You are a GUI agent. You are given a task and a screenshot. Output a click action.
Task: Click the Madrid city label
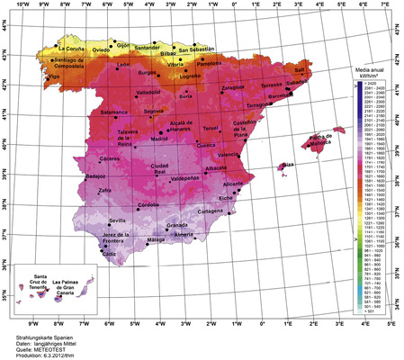[x=159, y=139]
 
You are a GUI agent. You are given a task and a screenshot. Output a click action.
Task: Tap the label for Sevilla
[x=118, y=220]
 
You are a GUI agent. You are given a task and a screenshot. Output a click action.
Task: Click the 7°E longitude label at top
[x=384, y=5]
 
